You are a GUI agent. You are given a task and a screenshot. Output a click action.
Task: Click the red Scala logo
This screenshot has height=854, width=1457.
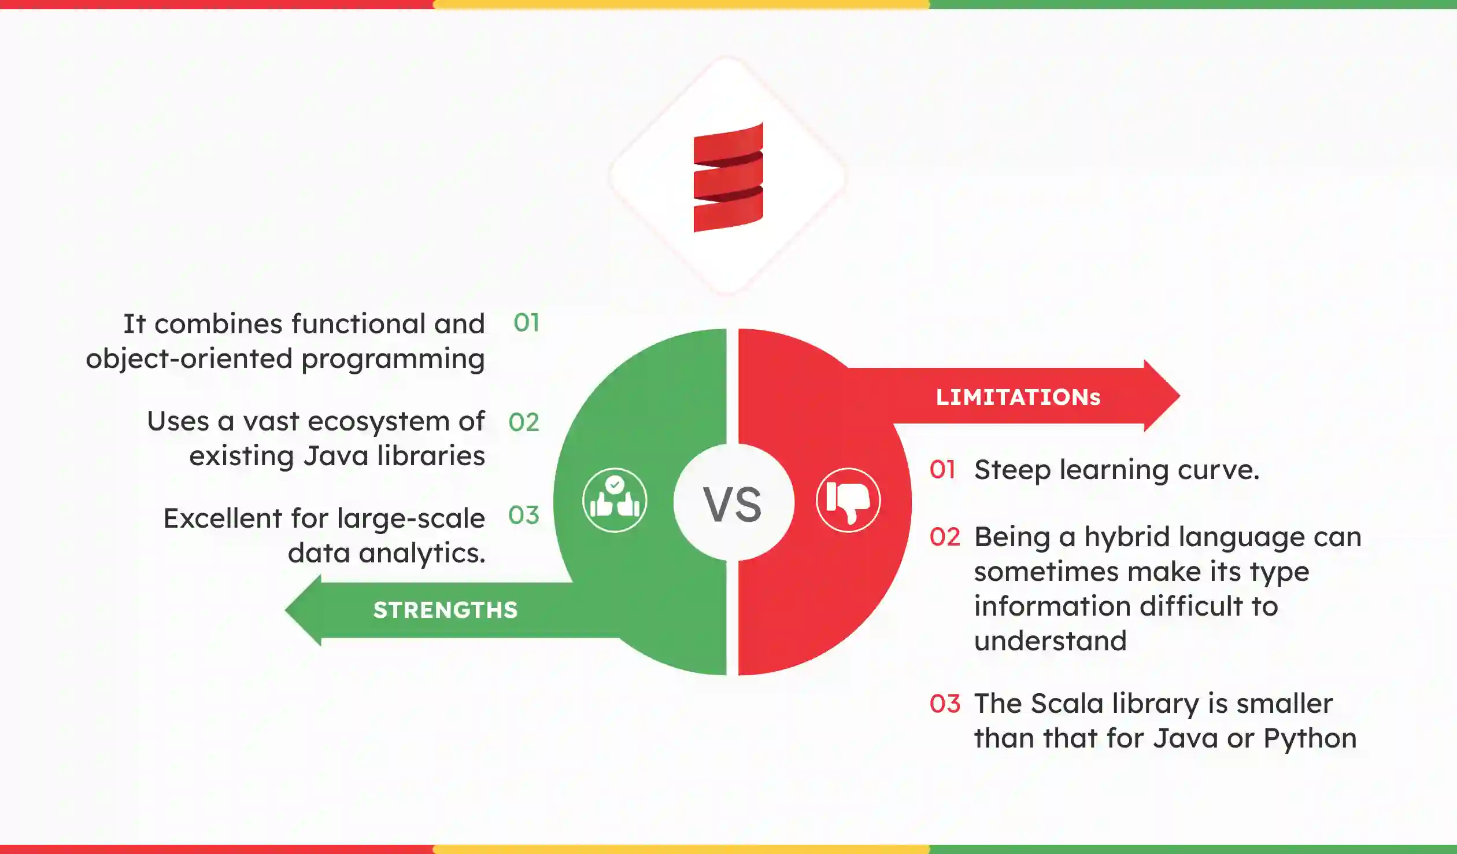[728, 177]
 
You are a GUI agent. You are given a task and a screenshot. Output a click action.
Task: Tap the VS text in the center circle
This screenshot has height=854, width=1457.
[732, 504]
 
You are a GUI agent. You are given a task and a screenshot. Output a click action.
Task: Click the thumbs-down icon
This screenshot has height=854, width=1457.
[848, 500]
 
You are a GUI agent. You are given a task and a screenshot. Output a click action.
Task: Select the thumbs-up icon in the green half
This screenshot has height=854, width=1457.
[614, 500]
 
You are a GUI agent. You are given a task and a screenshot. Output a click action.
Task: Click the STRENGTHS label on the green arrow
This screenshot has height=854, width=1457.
[445, 610]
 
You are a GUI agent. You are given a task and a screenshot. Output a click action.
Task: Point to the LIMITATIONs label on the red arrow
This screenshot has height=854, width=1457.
[1018, 397]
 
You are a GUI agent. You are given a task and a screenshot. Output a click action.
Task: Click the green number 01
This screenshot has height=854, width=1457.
[526, 323]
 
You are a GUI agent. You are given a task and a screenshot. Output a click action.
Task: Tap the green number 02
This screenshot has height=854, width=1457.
[524, 422]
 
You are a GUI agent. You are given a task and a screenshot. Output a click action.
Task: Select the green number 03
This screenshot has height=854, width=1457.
[524, 515]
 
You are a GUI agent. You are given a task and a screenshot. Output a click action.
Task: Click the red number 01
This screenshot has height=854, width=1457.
[942, 470]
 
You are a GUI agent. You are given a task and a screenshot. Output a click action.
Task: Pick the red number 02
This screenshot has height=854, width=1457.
[945, 537]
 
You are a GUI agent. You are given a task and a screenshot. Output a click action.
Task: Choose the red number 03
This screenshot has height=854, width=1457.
[945, 704]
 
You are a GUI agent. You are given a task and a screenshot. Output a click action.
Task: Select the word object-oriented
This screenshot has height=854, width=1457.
[189, 359]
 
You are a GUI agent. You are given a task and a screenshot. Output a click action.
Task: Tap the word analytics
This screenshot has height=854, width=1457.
[422, 553]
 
